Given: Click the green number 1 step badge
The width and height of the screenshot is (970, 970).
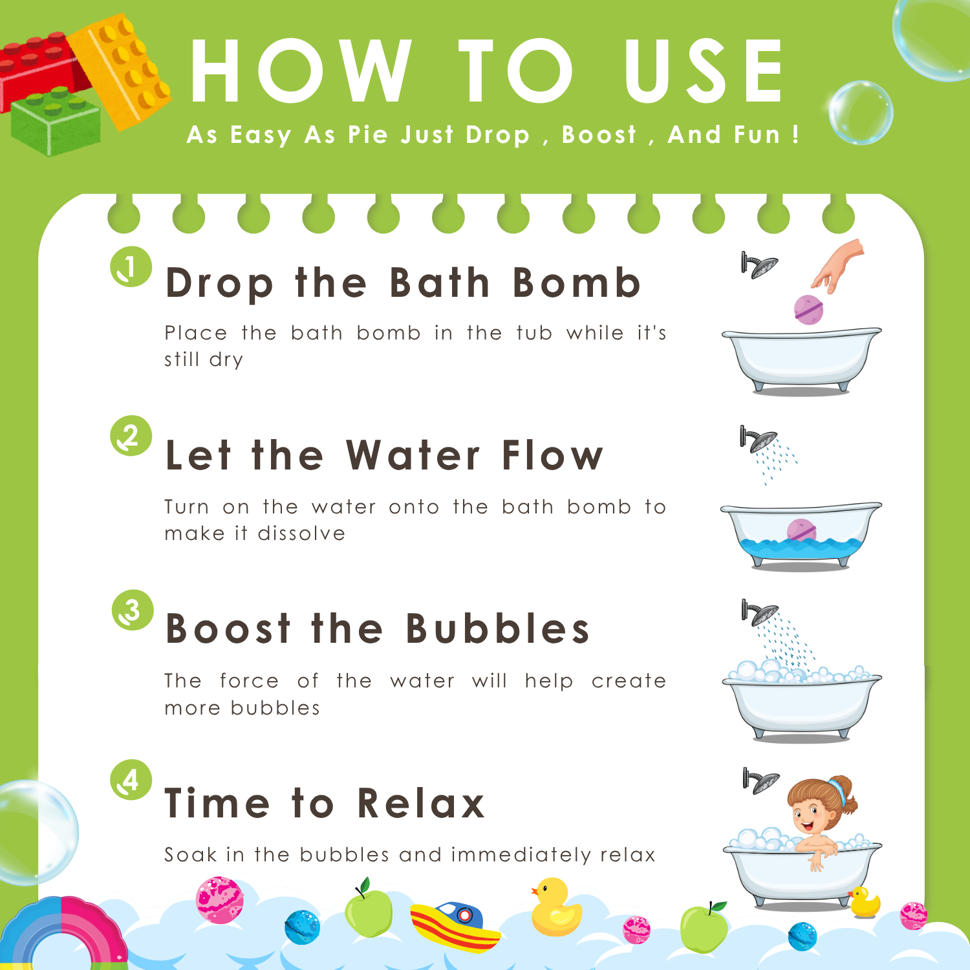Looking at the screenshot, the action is coord(131,266).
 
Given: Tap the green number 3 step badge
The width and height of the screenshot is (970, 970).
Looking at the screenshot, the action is coord(133,610).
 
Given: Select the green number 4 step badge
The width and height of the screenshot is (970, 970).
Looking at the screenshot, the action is coord(131,780).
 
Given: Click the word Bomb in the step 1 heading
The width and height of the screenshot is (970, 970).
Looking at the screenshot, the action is coord(576,283).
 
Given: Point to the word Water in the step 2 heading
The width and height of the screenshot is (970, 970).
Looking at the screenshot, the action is coord(413,455).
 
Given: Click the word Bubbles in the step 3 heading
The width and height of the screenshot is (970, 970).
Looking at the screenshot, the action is coord(498,628).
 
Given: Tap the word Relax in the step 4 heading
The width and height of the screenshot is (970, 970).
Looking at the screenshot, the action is coord(421,803).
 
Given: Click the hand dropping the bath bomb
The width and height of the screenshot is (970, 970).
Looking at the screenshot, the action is coord(839,265).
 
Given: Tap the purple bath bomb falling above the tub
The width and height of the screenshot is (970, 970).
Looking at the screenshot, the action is coord(808,309).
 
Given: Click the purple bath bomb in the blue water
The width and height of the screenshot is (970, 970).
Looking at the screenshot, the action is coord(802,530).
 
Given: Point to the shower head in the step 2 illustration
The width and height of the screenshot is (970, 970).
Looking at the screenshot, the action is coord(759,439).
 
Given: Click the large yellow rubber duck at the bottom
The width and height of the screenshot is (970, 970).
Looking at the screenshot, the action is coord(555,907).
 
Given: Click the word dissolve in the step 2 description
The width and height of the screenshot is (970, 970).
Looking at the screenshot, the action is coord(301,533).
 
